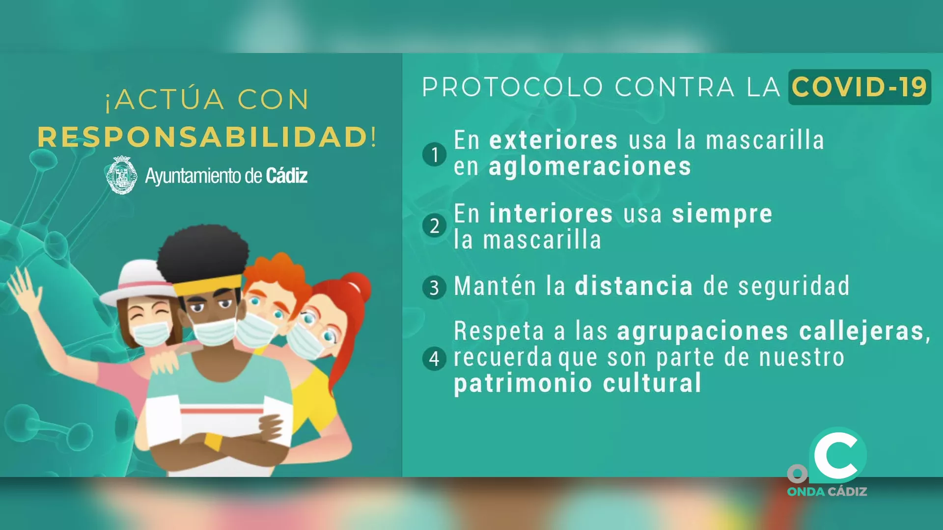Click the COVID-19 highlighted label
point(859,87)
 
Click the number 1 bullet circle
point(434,155)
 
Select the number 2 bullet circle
point(434,226)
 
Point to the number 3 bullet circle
point(434,288)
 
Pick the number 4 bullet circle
point(434,358)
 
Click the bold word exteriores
point(553,140)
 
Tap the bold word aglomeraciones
point(589,167)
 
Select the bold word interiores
point(551,214)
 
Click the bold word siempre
point(722,214)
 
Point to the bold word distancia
point(634,286)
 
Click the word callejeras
point(862,331)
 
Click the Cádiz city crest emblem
point(122,175)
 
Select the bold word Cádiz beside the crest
point(287,176)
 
